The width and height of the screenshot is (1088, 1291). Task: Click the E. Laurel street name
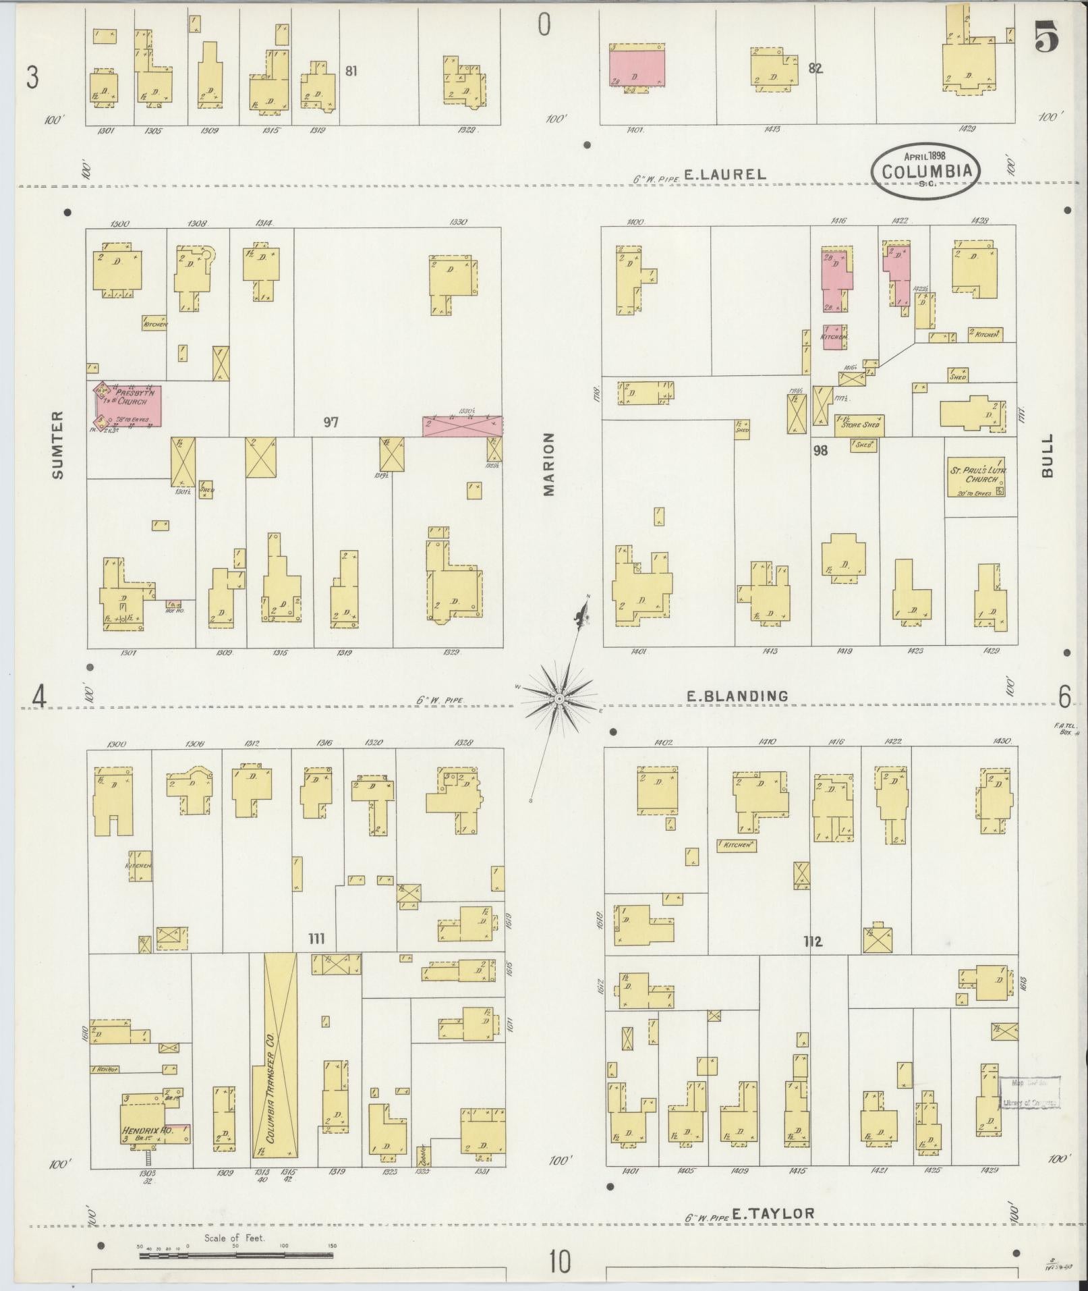[725, 174]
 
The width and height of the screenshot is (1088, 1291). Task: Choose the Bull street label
[1047, 456]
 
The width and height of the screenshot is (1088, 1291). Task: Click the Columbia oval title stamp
[927, 171]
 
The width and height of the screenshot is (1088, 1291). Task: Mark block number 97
[331, 422]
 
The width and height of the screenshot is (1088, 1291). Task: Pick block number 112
[813, 941]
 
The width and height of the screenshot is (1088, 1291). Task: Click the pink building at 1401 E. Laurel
[637, 66]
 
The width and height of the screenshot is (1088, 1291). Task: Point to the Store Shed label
[859, 424]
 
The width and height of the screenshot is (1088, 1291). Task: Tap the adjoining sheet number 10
[559, 1261]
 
